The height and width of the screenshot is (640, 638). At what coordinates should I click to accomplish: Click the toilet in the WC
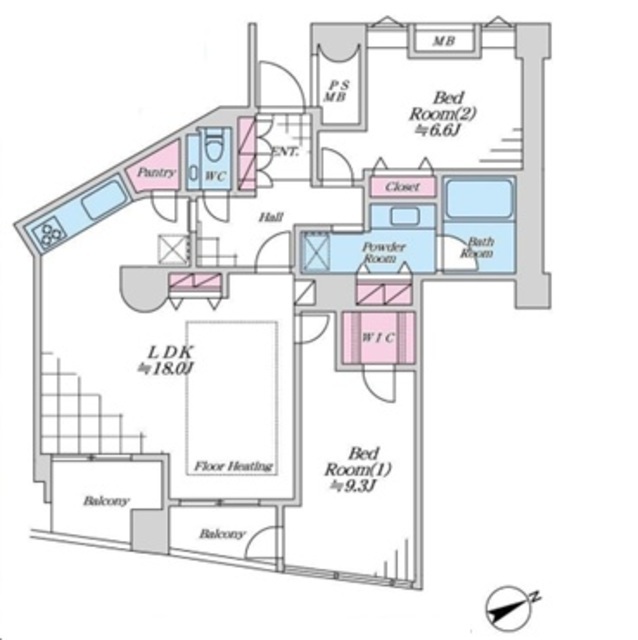[x=215, y=145]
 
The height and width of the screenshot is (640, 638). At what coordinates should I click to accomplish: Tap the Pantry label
[x=156, y=172]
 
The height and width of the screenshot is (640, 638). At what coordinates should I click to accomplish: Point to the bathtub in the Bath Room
[x=479, y=199]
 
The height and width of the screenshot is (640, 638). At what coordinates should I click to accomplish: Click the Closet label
[x=402, y=187]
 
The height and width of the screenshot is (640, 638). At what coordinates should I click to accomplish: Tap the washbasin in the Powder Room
[x=404, y=216]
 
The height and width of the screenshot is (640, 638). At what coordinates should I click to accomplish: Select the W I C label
[x=378, y=338]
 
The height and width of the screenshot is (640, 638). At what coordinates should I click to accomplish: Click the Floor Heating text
[x=233, y=466]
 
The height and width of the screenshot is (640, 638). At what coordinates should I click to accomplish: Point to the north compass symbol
[x=510, y=609]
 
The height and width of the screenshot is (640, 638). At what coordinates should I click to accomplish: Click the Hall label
[x=271, y=217]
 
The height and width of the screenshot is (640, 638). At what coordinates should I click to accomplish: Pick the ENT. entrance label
[x=286, y=152]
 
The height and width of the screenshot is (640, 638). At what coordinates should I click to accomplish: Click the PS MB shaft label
[x=336, y=91]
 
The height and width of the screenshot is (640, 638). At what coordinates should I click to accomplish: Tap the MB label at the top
[x=444, y=41]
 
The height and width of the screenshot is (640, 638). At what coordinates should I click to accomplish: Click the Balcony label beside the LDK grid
[x=106, y=500]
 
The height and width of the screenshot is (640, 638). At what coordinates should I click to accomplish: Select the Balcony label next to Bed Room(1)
[x=222, y=533]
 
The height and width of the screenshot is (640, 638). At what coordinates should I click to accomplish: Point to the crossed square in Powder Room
[x=316, y=252]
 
